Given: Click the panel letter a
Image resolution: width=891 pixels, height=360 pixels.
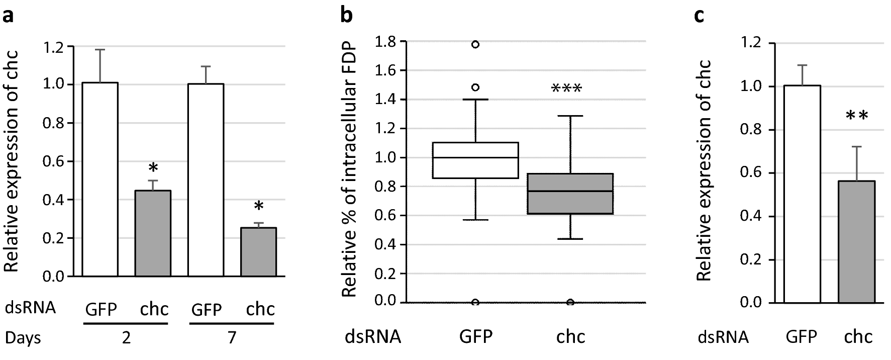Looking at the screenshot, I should click(8, 16).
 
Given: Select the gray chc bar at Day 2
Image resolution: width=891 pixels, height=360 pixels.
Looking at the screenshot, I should click(153, 233).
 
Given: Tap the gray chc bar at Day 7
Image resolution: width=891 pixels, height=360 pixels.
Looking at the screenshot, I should click(258, 252).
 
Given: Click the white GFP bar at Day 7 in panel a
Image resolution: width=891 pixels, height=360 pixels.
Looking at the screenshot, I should click(206, 179).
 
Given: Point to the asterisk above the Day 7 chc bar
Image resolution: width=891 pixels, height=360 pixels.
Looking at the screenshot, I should click(258, 207).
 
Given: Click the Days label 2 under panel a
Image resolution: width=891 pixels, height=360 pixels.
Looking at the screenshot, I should click(126, 338).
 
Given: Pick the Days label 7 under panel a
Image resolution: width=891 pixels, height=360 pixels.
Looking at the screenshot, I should click(232, 338).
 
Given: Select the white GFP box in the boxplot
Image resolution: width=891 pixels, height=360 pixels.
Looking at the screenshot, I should click(475, 160).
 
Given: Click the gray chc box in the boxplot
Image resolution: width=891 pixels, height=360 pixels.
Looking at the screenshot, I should click(570, 194).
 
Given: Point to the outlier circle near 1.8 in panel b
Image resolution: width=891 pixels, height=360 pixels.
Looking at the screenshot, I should click(475, 44).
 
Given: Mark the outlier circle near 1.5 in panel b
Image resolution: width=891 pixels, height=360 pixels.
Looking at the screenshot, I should click(475, 87).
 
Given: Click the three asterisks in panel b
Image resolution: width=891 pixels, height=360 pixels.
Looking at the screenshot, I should click(566, 89).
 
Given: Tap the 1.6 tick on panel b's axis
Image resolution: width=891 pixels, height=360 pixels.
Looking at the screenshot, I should click(387, 70).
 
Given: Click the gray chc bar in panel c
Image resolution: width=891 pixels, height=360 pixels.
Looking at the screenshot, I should click(857, 242).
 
